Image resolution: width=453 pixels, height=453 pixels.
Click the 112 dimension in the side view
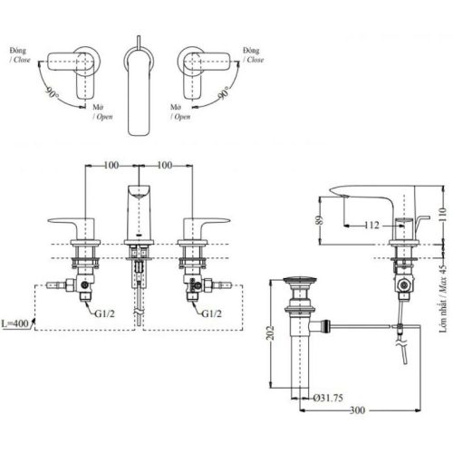pyautogui.click(x=372, y=225)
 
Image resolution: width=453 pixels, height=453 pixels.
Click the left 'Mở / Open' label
pyautogui.click(x=101, y=111)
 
